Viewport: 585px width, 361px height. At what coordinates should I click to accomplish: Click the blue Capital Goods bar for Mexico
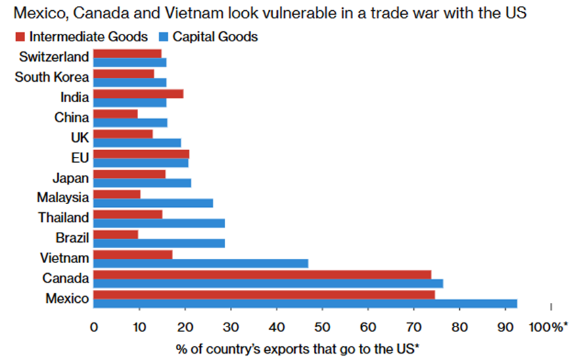pos(305,304)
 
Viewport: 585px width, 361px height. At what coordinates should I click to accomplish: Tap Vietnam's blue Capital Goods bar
pos(201,264)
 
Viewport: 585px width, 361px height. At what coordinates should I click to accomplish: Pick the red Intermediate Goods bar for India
pos(138,93)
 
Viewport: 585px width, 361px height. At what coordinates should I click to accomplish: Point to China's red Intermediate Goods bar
pos(116,114)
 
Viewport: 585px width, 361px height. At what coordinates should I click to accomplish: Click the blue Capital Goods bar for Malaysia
pos(153,203)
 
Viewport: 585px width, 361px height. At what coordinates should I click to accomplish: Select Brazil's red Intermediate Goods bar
pos(116,234)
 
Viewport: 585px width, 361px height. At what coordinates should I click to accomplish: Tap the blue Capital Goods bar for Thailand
pos(159,223)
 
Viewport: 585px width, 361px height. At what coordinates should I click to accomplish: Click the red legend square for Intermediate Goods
pos(19,37)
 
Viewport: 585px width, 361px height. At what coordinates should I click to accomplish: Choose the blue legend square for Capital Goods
pos(162,37)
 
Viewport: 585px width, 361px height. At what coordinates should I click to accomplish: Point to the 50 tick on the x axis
pos(323,327)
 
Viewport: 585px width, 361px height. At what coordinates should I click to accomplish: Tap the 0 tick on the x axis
pos(93,327)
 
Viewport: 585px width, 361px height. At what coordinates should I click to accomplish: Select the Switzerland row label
pos(54,57)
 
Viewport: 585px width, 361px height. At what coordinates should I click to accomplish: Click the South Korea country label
pos(51,77)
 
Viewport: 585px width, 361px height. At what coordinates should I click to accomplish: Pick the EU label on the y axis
pos(80,158)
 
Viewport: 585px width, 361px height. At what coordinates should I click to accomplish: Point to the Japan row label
pos(70,178)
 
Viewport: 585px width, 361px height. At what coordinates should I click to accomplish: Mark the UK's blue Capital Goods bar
pos(137,143)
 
